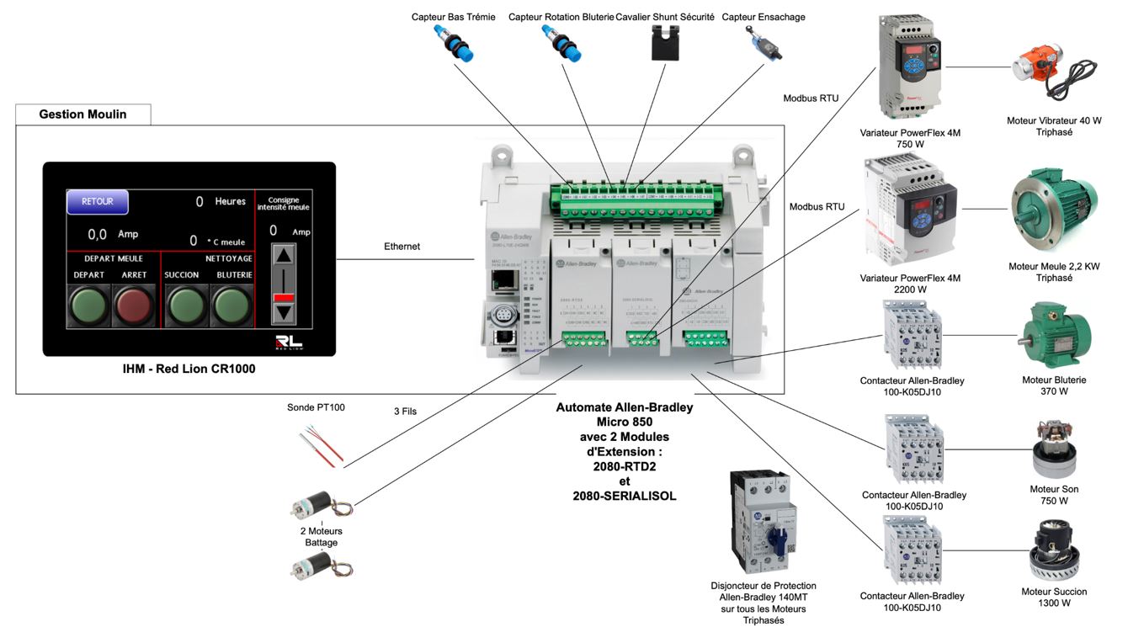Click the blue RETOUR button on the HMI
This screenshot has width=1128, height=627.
click(98, 202)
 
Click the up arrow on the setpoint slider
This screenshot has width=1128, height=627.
click(285, 257)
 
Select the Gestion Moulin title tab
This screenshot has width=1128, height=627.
click(82, 114)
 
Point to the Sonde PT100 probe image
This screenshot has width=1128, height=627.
click(321, 444)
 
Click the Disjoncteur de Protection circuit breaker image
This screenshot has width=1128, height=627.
click(761, 522)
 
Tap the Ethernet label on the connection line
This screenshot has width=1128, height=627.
click(402, 247)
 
